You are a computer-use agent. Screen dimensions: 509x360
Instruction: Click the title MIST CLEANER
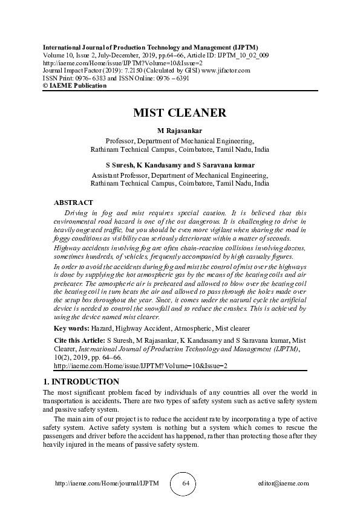180,113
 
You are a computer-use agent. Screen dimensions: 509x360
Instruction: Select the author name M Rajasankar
180,131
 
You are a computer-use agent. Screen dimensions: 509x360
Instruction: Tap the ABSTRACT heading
73,203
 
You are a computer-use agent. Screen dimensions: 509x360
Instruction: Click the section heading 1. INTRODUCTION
81,382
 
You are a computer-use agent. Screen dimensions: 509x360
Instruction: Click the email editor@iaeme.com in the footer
283,484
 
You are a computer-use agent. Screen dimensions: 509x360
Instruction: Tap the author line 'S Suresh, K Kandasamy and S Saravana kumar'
180,165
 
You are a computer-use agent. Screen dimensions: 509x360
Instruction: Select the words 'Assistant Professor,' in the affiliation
120,174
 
